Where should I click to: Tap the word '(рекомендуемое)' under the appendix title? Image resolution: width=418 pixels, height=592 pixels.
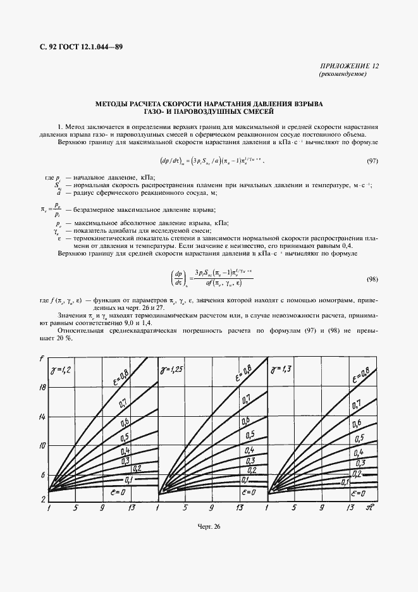point(342,74)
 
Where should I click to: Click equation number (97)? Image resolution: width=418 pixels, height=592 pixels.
point(372,161)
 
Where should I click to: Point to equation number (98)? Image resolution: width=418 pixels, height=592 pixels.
point(372,279)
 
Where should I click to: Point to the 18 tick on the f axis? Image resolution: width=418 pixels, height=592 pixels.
point(42,386)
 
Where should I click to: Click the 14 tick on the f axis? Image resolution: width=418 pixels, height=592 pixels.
point(42,416)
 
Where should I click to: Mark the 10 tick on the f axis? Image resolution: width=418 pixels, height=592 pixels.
point(42,446)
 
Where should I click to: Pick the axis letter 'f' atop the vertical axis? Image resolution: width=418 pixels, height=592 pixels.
point(42,361)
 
